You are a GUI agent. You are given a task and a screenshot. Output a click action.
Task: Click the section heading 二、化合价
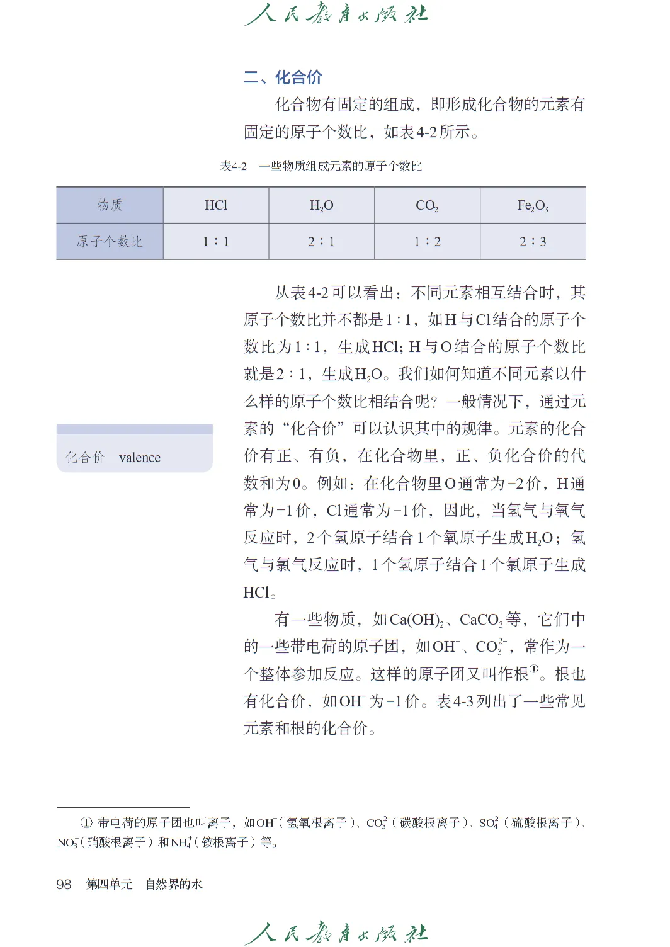[x=283, y=77]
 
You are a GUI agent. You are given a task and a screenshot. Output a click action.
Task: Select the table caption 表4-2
[x=234, y=166]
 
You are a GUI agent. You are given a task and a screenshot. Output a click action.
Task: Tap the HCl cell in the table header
[x=216, y=205]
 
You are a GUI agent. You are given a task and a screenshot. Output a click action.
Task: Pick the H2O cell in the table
[x=321, y=205]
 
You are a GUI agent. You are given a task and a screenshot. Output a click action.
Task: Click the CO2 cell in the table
[x=427, y=205]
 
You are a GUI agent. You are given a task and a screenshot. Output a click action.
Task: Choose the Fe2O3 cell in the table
[x=533, y=205]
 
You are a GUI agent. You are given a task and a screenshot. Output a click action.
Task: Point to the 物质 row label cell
[x=110, y=205]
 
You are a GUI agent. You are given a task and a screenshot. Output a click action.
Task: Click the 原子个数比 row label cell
[x=110, y=242]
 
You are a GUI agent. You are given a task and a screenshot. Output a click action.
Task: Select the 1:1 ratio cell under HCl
[x=216, y=242]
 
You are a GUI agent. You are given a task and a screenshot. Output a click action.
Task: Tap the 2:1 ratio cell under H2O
[x=321, y=242]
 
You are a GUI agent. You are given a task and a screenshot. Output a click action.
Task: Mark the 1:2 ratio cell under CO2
[x=427, y=242]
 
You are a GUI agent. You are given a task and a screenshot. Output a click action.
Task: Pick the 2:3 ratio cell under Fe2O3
[x=533, y=242]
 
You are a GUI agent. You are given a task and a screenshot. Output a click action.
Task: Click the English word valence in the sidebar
[x=140, y=458]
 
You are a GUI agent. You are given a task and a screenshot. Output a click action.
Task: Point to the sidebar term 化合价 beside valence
[x=86, y=458]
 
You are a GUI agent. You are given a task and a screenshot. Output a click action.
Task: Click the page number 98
[x=64, y=884]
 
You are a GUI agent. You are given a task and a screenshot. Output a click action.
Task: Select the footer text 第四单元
[x=110, y=884]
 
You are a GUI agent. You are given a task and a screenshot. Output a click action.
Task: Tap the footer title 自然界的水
[x=174, y=884]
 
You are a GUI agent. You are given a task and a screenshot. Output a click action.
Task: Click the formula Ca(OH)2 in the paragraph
[x=417, y=620]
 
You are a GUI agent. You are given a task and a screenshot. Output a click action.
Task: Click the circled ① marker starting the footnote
[x=86, y=822]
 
